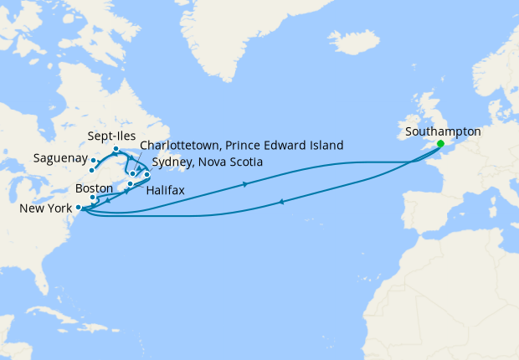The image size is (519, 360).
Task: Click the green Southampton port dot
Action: (440, 143)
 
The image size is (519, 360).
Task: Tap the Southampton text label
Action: (442, 131)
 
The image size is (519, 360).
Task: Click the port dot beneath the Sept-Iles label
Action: (116, 149)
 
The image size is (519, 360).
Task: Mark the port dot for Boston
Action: (94, 198)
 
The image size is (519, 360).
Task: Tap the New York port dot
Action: (78, 207)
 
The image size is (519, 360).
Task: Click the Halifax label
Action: (165, 191)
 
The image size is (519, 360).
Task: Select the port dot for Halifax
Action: (131, 183)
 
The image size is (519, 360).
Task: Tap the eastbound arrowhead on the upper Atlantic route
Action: (244, 184)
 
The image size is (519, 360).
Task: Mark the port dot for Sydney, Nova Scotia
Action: (146, 175)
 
